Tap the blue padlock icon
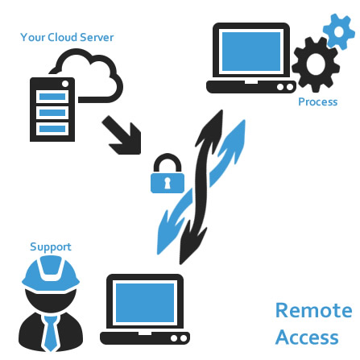[x=168, y=173]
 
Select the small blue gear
[x=339, y=32]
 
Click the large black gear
[x=316, y=65]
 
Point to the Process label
[x=318, y=102]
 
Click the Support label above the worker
[x=51, y=247]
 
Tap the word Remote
[x=314, y=310]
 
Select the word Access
[x=307, y=337]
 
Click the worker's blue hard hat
[x=51, y=272]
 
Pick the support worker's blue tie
[x=51, y=333]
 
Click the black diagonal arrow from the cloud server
[x=122, y=136]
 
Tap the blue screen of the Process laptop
[x=251, y=52]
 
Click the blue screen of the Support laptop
[x=145, y=303]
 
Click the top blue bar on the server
[x=52, y=97]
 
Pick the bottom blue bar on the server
[x=52, y=129]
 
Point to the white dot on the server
[x=65, y=84]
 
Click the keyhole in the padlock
[x=168, y=183]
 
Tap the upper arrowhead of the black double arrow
[x=213, y=129]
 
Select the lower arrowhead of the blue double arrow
[x=168, y=232]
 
